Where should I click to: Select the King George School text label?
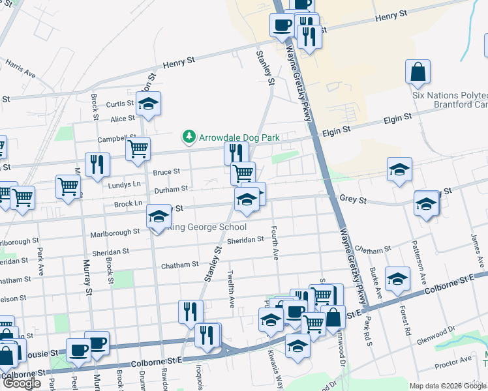[207, 227]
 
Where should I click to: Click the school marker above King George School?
[157, 216]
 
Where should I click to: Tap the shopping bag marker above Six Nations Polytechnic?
[418, 72]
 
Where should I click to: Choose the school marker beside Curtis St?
[148, 103]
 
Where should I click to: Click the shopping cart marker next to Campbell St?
[138, 149]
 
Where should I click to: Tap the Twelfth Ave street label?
[230, 289]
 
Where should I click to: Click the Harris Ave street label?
[20, 69]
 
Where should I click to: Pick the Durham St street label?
[171, 188]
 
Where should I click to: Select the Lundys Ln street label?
[128, 184]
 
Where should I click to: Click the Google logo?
[22, 383]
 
